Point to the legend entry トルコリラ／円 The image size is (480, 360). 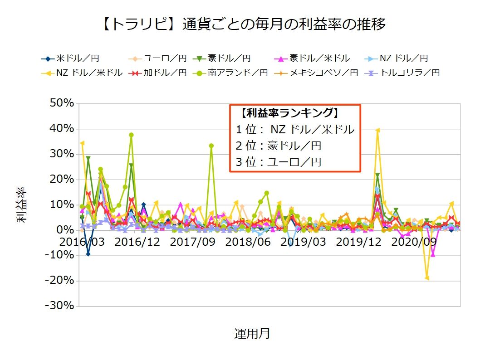pyautogui.click(x=411, y=73)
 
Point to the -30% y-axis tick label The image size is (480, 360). pyautogui.click(x=60, y=306)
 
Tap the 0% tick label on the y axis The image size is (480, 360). pyautogui.click(x=65, y=230)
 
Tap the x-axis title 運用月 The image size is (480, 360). pyautogui.click(x=252, y=334)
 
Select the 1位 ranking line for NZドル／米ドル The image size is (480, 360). pyautogui.click(x=294, y=130)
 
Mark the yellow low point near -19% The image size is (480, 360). pyautogui.click(x=427, y=278)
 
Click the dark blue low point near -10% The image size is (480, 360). pyautogui.click(x=88, y=254)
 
